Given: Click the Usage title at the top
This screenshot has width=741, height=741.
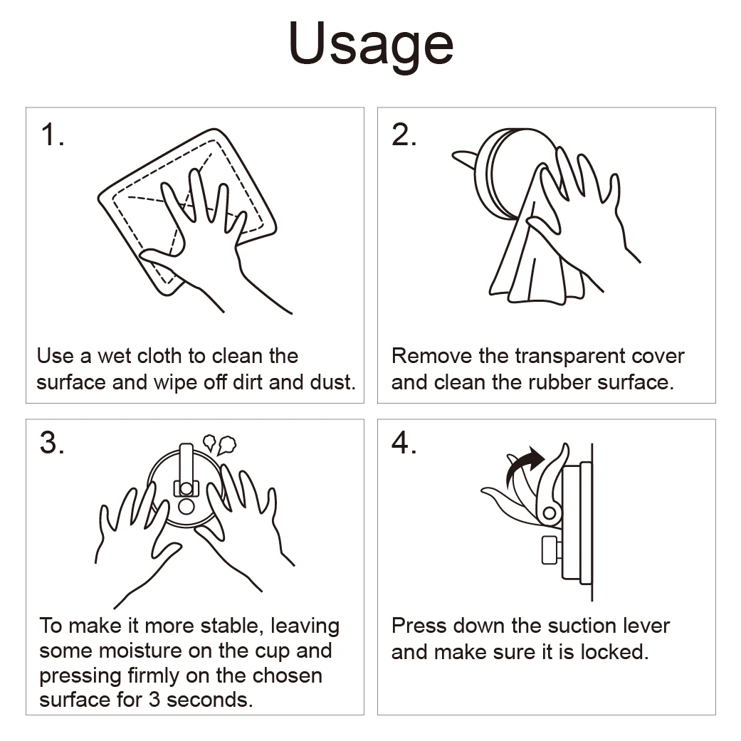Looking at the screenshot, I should coord(370,44).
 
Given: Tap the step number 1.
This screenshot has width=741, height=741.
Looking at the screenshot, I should coord(52,135).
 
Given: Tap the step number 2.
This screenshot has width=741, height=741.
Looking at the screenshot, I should coord(404,135).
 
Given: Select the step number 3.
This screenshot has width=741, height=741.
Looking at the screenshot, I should coord(52,443).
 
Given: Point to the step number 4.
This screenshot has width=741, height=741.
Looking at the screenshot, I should coord(404,443).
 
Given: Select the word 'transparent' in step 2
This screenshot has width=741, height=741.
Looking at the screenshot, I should coord(577,356).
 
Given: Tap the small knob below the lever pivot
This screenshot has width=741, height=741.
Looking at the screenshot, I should coord(550,550).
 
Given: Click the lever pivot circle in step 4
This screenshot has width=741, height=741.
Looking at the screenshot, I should coord(549,513).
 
